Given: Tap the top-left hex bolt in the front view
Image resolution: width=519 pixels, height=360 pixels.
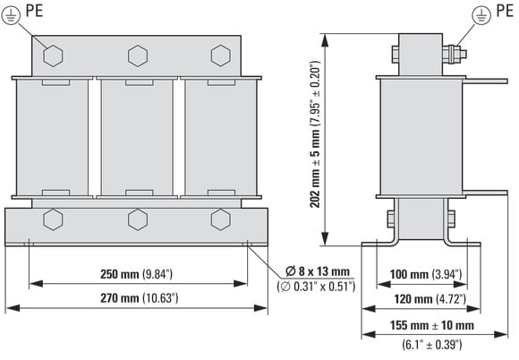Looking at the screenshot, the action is coord(53,56).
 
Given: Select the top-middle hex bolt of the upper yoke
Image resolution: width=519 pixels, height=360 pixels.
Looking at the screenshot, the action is coord(138,56).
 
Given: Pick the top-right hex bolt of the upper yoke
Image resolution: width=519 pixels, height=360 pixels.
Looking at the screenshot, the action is coord(221,56).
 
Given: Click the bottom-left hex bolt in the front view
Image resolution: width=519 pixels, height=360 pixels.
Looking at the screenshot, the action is coord(53,219).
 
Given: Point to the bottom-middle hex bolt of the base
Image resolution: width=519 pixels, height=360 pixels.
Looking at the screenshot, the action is coord(138,219).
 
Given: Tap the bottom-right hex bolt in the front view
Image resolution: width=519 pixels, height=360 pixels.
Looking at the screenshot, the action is coord(221,219).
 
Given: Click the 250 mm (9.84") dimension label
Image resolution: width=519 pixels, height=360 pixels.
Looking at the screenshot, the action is coord(136,274).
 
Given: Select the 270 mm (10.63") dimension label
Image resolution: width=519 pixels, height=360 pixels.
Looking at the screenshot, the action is coord(140,298).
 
